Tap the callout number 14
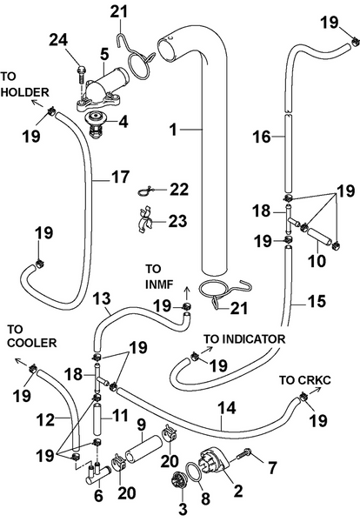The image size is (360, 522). click(227, 405)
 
